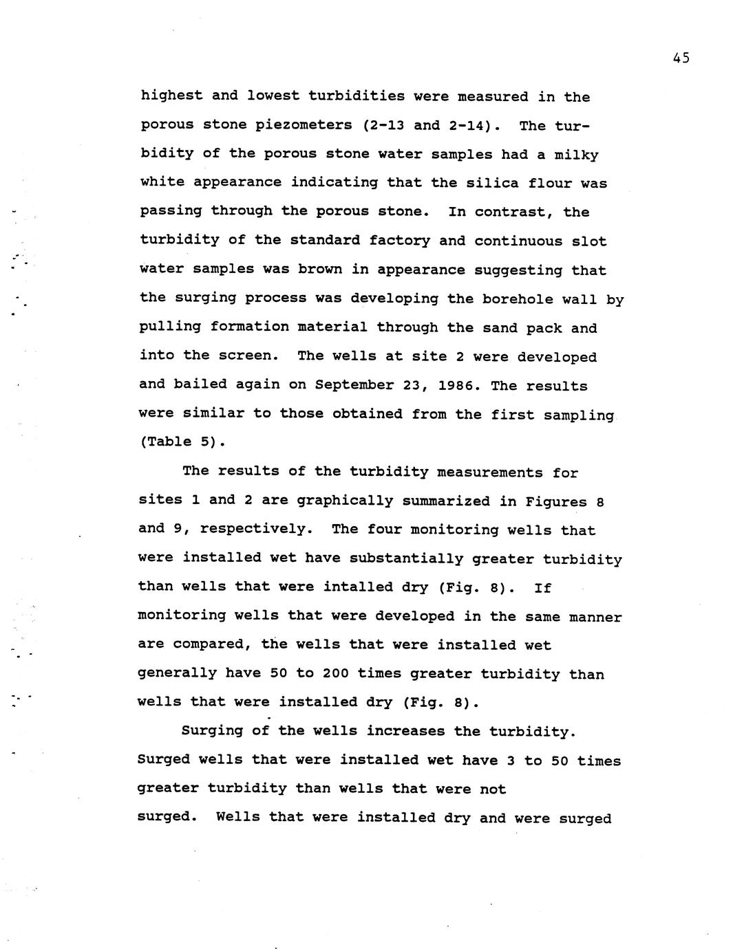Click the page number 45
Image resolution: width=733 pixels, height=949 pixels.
tap(681, 58)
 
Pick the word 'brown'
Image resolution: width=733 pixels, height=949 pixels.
tap(319, 270)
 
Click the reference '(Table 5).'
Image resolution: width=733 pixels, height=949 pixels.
tap(182, 442)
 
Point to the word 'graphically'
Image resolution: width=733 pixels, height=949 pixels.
tap(345, 501)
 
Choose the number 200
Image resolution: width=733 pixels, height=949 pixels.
tap(336, 674)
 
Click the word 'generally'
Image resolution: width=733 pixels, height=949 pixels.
tap(178, 674)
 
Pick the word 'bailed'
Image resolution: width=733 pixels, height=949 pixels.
tap(200, 385)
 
